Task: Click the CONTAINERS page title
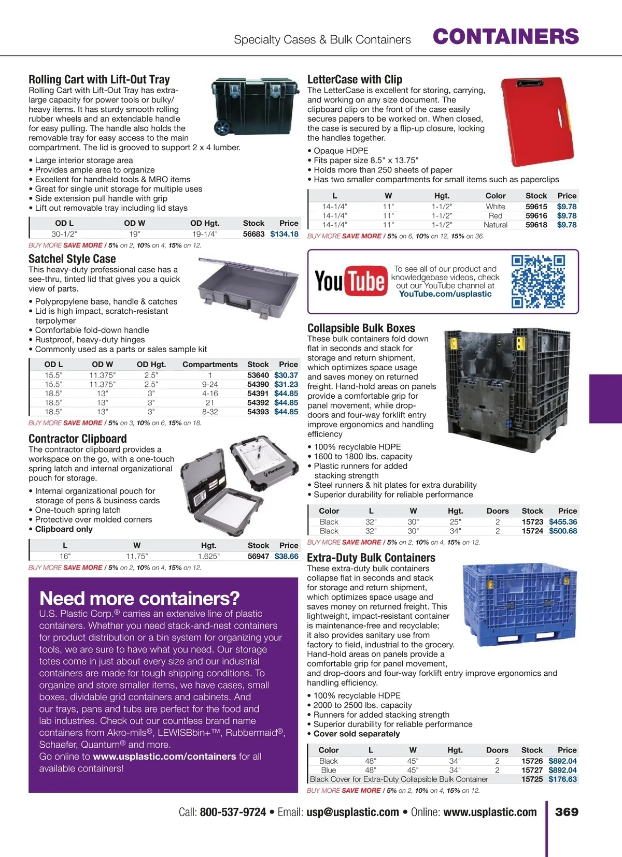(505, 37)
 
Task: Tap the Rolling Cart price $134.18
(284, 234)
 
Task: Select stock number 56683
(253, 234)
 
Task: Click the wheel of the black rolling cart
(222, 127)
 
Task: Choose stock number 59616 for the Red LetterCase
(536, 215)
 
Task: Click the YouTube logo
(351, 281)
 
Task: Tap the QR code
(538, 281)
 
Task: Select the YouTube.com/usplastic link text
(445, 294)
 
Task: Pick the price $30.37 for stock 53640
(286, 375)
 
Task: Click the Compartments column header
(210, 364)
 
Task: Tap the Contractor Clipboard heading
(78, 439)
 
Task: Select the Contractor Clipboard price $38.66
(286, 556)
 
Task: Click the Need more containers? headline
(139, 598)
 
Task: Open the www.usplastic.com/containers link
(164, 757)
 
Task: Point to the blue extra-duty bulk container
(519, 606)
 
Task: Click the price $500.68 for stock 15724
(563, 531)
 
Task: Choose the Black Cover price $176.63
(562, 779)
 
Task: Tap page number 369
(567, 812)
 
